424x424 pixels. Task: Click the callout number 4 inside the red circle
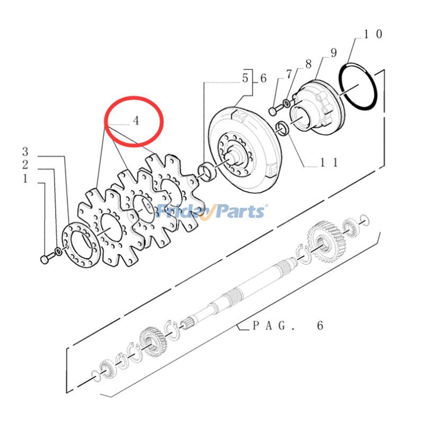coord(136,121)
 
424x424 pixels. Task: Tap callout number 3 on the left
coord(25,152)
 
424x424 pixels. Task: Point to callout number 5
coord(245,78)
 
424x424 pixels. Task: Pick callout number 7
coord(288,74)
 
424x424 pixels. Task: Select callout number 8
coord(308,65)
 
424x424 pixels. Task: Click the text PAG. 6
coord(287,325)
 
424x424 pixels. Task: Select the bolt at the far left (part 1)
coord(45,259)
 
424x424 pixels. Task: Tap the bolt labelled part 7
coord(274,111)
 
